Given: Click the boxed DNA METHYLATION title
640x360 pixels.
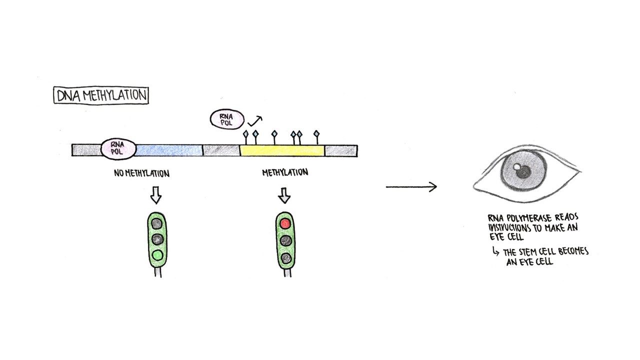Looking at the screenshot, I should tap(101, 95).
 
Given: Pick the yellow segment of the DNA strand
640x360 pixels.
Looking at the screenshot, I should tap(281, 150).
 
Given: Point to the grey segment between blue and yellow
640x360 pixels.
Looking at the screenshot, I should tap(221, 150).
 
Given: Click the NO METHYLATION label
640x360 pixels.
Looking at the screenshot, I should tap(142, 173).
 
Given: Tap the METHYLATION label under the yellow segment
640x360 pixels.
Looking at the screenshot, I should tap(285, 172).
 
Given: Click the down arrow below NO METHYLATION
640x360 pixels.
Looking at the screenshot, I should tap(155, 196).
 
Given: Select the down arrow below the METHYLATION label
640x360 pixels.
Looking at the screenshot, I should tap(284, 195).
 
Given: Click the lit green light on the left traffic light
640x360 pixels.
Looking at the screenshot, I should tap(157, 255).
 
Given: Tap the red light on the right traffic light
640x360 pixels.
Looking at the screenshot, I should tap(285, 223).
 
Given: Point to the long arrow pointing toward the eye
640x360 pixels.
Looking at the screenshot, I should tap(411, 187).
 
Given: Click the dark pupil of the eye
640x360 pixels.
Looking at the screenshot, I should tap(523, 172).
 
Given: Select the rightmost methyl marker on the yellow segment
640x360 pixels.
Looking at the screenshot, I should tap(316, 134).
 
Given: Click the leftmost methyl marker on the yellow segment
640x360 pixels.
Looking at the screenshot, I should tap(245, 134).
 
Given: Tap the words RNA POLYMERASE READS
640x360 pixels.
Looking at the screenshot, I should tap(533, 218).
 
